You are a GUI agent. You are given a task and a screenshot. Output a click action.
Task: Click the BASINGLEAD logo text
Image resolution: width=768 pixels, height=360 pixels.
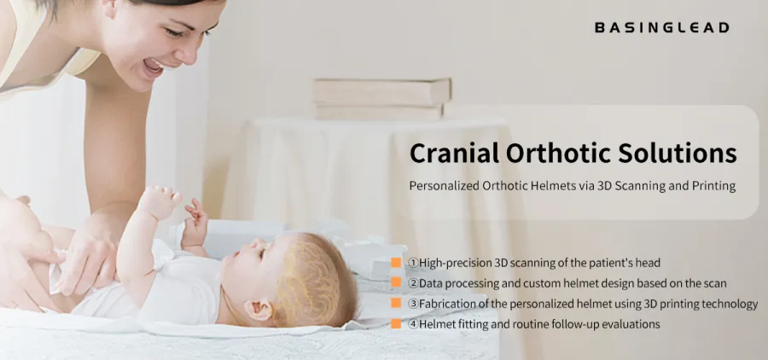click(x=661, y=27)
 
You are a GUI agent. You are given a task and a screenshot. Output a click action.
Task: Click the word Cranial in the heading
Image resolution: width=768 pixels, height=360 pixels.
click(x=453, y=154)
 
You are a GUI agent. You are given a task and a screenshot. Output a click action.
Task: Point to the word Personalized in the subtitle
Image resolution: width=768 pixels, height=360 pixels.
click(x=445, y=185)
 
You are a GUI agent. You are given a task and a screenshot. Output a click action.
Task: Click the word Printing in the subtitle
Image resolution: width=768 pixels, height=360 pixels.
click(x=713, y=185)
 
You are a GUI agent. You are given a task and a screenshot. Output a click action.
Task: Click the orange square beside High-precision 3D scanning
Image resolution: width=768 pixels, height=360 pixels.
click(x=396, y=262)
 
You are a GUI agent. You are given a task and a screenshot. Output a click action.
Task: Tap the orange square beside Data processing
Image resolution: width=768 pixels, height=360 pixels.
click(x=396, y=282)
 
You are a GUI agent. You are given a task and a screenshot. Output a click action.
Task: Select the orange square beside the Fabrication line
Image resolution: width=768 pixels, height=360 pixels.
click(x=396, y=303)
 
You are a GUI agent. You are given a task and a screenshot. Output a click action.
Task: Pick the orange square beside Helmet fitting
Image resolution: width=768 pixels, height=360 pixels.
click(x=396, y=324)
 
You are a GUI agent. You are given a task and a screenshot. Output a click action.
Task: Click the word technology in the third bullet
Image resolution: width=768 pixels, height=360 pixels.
click(x=728, y=304)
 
